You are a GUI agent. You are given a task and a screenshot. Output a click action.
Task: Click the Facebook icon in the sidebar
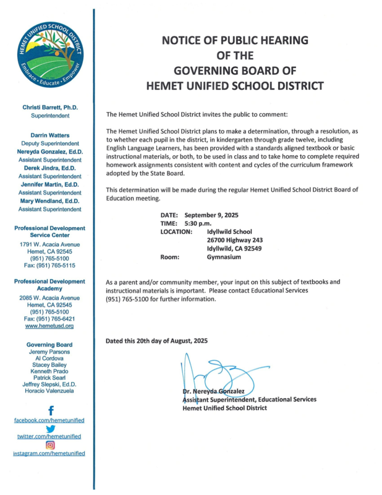[50, 410]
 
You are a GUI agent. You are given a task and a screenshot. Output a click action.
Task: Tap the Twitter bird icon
[50, 428]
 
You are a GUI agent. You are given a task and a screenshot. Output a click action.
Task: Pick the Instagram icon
[50, 444]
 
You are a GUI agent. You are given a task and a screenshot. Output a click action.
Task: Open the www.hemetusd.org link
[49, 325]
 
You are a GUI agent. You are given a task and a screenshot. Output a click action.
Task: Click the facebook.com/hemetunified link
[49, 420]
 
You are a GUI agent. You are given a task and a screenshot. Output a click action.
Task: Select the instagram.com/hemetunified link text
[49, 454]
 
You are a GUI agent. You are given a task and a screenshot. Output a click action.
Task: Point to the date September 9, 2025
[211, 214]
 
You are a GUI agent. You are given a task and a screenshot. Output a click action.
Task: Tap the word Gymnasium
[224, 257]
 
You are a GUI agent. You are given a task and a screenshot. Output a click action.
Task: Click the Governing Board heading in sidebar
[49, 345]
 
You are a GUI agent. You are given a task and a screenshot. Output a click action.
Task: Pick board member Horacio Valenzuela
[49, 392]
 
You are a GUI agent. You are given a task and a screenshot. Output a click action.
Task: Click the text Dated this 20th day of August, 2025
[157, 341]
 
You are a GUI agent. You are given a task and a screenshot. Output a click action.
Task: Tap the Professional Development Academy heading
[49, 285]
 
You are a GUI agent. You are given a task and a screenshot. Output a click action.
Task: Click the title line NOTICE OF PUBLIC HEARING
[235, 41]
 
